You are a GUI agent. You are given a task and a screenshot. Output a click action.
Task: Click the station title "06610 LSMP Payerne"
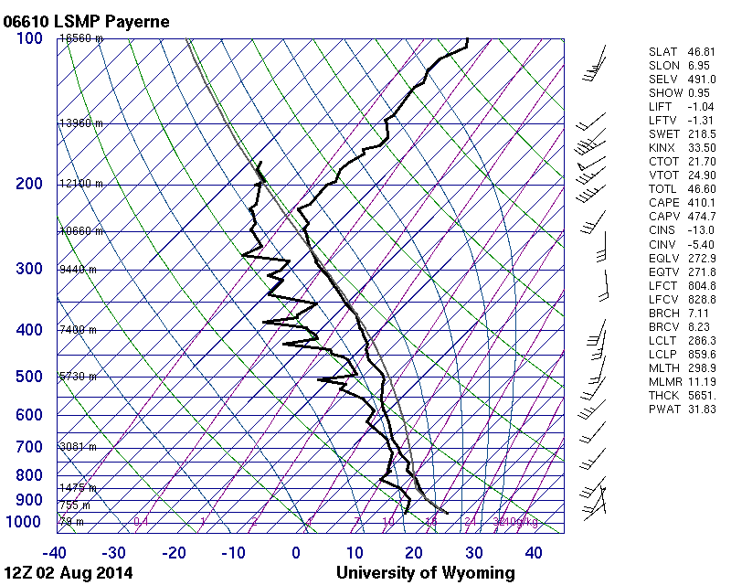click(87, 20)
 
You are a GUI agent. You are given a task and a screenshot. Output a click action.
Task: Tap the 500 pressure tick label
click(30, 377)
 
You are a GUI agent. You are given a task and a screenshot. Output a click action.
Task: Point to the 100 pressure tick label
click(30, 38)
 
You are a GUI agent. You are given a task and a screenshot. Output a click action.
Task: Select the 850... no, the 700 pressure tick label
click(30, 447)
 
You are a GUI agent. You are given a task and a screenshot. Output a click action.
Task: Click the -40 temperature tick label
click(54, 552)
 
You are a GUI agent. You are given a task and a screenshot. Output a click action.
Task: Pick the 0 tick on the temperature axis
click(296, 552)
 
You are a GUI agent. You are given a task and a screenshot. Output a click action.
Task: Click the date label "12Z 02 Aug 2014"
click(69, 573)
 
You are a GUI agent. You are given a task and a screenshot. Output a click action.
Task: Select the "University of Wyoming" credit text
click(426, 573)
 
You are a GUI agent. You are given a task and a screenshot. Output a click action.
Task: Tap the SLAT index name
click(663, 52)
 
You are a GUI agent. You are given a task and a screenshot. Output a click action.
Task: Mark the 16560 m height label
click(80, 38)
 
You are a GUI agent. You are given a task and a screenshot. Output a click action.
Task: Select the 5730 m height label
click(78, 377)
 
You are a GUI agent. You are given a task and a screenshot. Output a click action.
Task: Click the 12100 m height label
click(80, 184)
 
